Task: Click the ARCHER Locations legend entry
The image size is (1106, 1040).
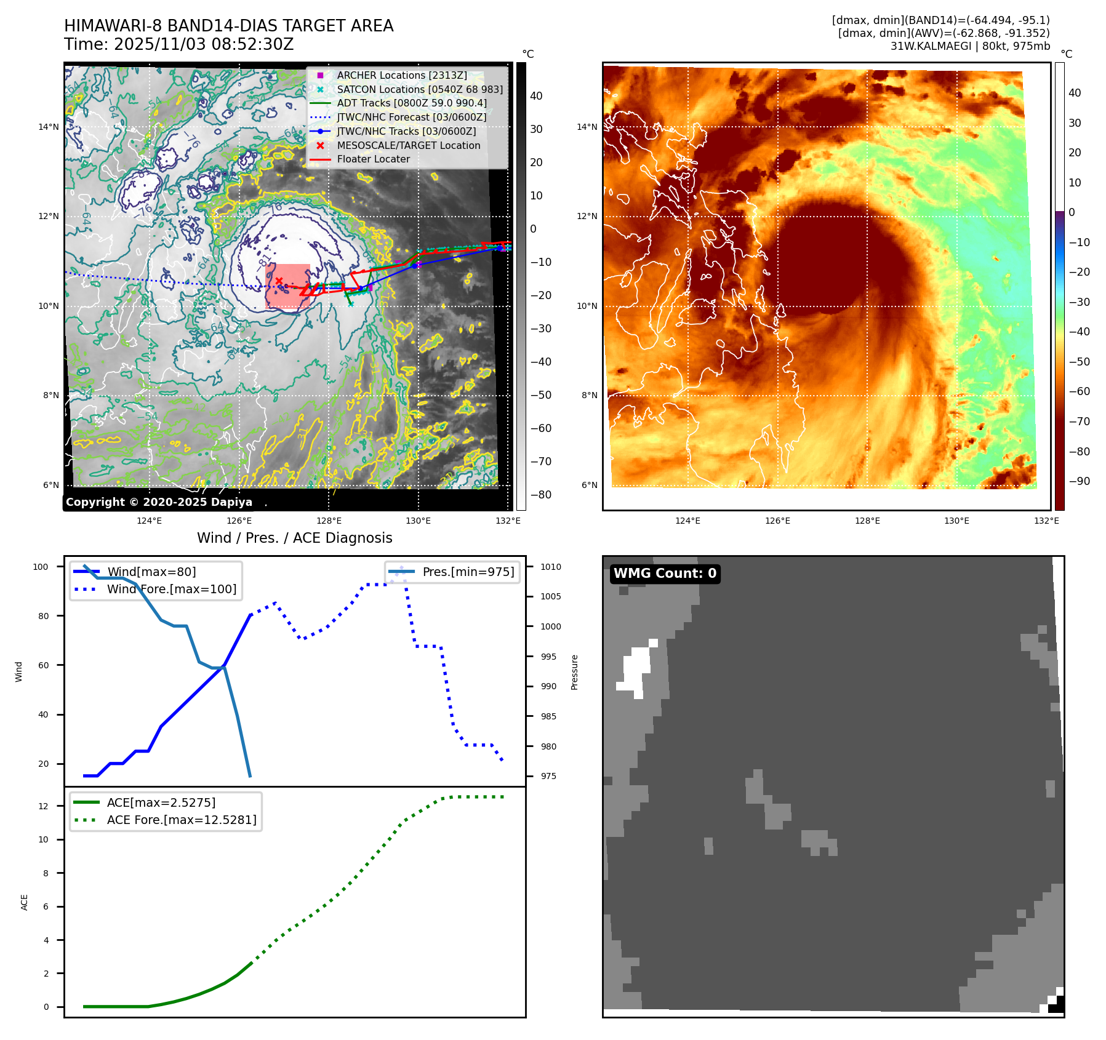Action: pyautogui.click(x=401, y=75)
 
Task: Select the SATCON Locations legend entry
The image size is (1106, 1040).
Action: pyautogui.click(x=419, y=89)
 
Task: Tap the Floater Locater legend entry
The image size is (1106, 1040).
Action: pyautogui.click(x=373, y=159)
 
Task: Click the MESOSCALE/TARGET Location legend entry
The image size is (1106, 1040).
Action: pyautogui.click(x=408, y=145)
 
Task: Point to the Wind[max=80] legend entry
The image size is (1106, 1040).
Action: pyautogui.click(x=151, y=572)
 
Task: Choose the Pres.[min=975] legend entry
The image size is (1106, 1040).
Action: pyautogui.click(x=468, y=572)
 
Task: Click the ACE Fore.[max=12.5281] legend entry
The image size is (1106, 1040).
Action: pyautogui.click(x=182, y=820)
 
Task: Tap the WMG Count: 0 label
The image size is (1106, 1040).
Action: pyautogui.click(x=665, y=574)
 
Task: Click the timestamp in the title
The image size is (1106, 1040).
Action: pyautogui.click(x=204, y=44)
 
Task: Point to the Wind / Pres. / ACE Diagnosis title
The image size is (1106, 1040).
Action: pyautogui.click(x=294, y=538)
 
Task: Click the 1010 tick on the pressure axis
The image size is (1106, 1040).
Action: pyautogui.click(x=551, y=567)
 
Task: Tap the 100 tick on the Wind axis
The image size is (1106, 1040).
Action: pyautogui.click(x=41, y=567)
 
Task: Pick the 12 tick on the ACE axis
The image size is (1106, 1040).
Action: pyautogui.click(x=43, y=806)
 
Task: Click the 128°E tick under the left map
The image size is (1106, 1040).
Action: pyautogui.click(x=329, y=521)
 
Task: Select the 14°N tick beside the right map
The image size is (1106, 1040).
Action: pyautogui.click(x=587, y=127)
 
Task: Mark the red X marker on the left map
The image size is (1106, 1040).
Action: pyautogui.click(x=279, y=281)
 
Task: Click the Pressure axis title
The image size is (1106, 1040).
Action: pyautogui.click(x=574, y=672)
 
